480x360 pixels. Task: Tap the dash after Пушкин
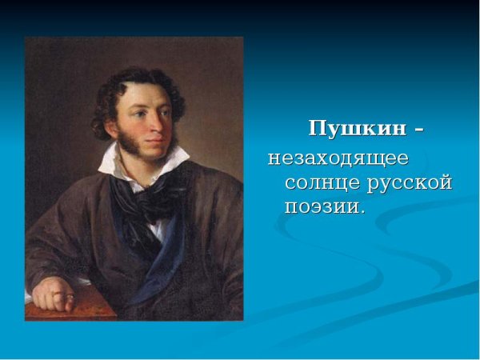[x=415, y=130]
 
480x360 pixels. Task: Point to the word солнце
[x=321, y=182]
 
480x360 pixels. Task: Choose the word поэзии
[x=319, y=207]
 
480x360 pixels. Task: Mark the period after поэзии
[x=362, y=212]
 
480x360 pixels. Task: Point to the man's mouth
[x=160, y=138]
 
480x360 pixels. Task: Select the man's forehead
[x=156, y=88]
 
